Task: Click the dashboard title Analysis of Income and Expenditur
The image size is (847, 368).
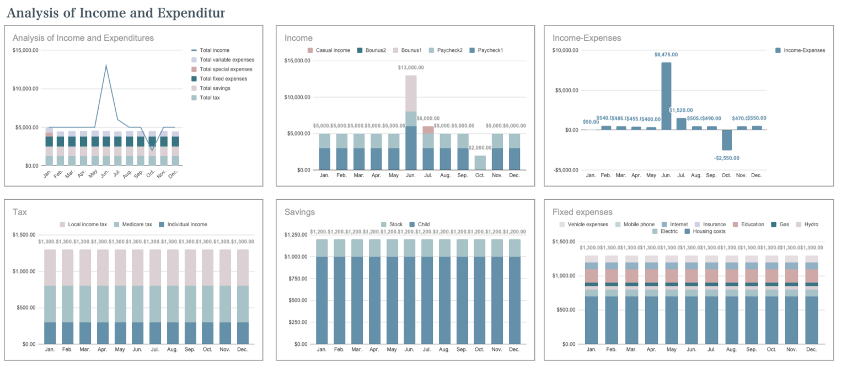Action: pyautogui.click(x=115, y=12)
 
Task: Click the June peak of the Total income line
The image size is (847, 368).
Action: pyautogui.click(x=106, y=66)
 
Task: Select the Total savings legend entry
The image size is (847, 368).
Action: pyautogui.click(x=215, y=88)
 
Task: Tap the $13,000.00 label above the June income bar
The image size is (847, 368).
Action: pyautogui.click(x=411, y=67)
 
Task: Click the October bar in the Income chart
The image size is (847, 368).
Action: pyautogui.click(x=480, y=163)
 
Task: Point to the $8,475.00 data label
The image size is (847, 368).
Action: pyautogui.click(x=666, y=55)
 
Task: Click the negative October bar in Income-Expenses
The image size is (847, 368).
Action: pyautogui.click(x=726, y=140)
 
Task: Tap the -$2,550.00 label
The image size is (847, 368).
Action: pyautogui.click(x=726, y=158)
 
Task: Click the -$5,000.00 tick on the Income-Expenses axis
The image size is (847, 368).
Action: pyautogui.click(x=565, y=170)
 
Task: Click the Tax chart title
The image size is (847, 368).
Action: pyautogui.click(x=20, y=212)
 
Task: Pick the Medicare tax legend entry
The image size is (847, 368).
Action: pyautogui.click(x=132, y=225)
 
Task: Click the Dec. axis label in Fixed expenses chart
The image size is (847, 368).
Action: pyautogui.click(x=811, y=350)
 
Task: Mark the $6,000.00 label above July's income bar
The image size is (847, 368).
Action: pyautogui.click(x=428, y=119)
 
